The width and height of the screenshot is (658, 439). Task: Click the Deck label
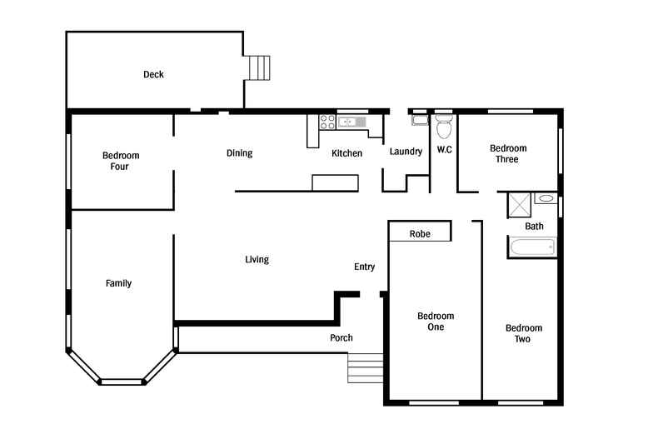tap(153, 75)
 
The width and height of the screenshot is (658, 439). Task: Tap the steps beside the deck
tap(259, 68)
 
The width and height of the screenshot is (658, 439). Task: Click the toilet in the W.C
tap(444, 126)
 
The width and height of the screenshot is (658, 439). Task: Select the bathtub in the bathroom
tap(532, 247)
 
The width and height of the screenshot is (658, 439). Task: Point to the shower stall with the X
tap(520, 205)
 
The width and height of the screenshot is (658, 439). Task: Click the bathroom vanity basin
tap(546, 198)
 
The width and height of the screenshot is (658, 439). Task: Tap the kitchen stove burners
tap(327, 122)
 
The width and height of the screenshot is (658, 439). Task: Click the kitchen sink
tap(352, 122)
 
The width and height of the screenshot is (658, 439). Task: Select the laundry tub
tap(420, 120)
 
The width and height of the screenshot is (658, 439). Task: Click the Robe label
tap(420, 234)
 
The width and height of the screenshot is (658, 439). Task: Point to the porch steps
tap(365, 368)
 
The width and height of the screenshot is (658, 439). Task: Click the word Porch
tap(341, 337)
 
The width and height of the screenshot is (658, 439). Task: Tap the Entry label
tap(364, 267)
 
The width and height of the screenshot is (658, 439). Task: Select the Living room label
tap(257, 260)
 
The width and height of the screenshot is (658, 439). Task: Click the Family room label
tap(118, 284)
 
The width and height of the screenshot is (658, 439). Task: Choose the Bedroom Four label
tap(121, 161)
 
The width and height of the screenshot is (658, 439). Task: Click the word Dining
tap(240, 153)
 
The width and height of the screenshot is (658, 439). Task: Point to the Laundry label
tap(406, 152)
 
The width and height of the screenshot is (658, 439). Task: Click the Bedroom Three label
tap(508, 153)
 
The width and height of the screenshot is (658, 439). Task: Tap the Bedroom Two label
tap(524, 334)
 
